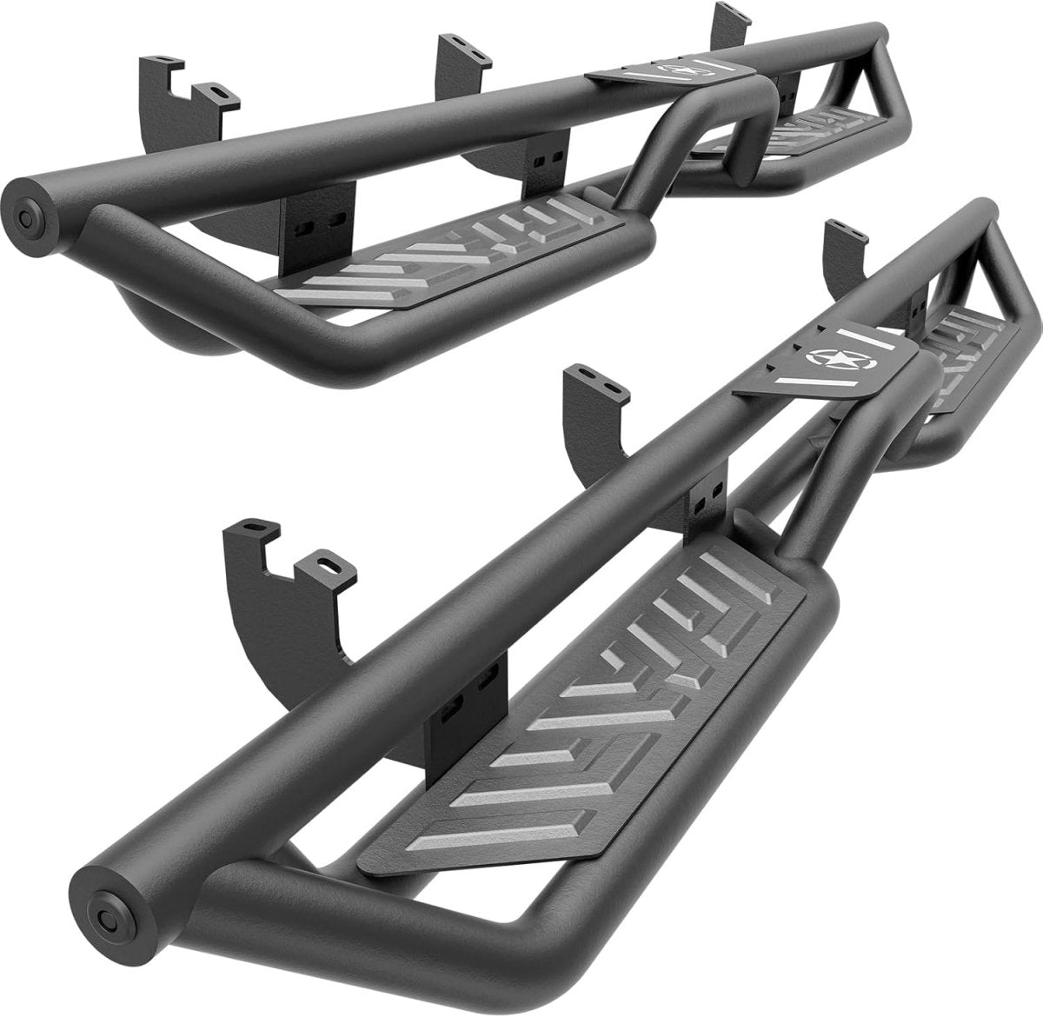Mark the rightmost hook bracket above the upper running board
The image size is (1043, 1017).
730,26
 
